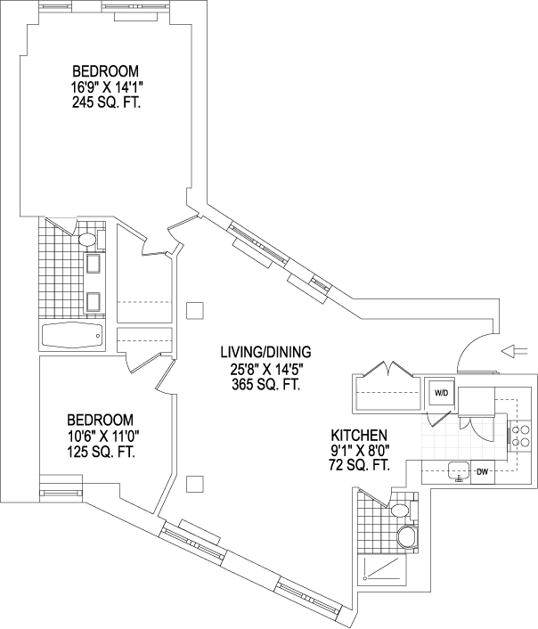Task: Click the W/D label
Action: [441, 393]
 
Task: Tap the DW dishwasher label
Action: [482, 471]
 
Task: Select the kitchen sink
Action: [459, 470]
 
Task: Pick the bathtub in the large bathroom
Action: [72, 337]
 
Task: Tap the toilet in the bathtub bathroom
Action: [87, 240]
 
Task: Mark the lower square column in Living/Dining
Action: [195, 484]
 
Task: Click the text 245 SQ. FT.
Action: [108, 102]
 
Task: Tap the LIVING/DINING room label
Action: [263, 353]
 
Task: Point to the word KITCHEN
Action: [359, 435]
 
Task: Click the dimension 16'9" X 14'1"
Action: [108, 87]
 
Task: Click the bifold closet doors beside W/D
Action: [389, 370]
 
